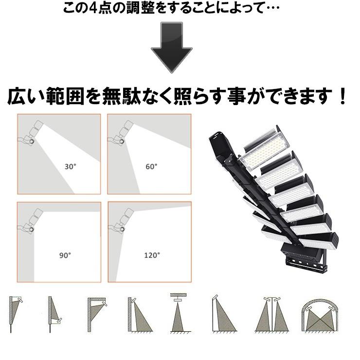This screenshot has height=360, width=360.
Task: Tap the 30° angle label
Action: pos(71,166)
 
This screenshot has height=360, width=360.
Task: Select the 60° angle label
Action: pos(151,166)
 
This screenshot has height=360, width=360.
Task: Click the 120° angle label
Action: pos(151,255)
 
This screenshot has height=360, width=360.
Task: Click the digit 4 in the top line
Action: pos(98,9)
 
